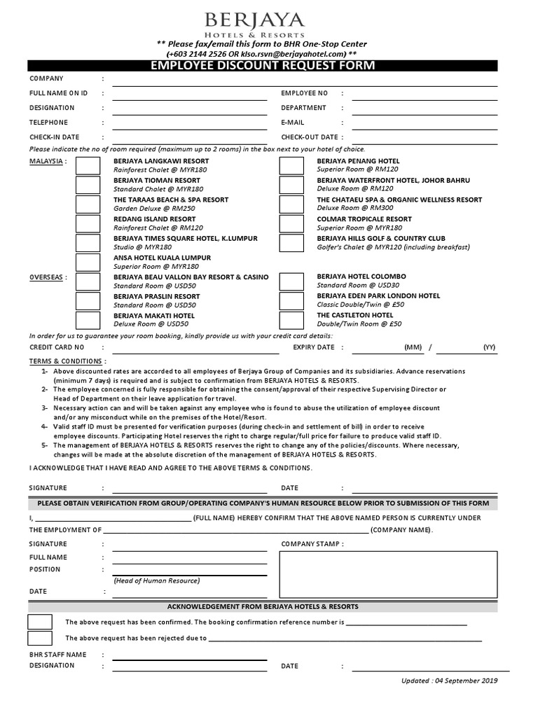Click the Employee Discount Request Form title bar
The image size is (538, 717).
(263, 66)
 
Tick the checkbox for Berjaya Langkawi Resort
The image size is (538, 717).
(88, 165)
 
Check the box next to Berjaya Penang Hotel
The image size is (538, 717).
(291, 165)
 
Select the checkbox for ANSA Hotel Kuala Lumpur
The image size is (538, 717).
(88, 262)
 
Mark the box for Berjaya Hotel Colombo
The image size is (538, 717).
(291, 281)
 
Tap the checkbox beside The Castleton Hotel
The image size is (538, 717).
(291, 320)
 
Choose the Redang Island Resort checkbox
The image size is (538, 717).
(88, 223)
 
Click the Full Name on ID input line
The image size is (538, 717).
(189, 94)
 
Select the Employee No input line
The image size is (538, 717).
(425, 94)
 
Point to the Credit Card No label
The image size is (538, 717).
(57, 347)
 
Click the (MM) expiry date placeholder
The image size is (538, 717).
(413, 347)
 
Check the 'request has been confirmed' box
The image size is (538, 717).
(40, 622)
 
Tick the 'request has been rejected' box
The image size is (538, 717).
(40, 638)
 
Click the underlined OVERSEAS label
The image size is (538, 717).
(48, 277)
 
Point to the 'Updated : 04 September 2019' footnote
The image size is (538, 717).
(449, 681)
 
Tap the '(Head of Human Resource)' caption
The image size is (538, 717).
(156, 580)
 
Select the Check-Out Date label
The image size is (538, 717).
(310, 137)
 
